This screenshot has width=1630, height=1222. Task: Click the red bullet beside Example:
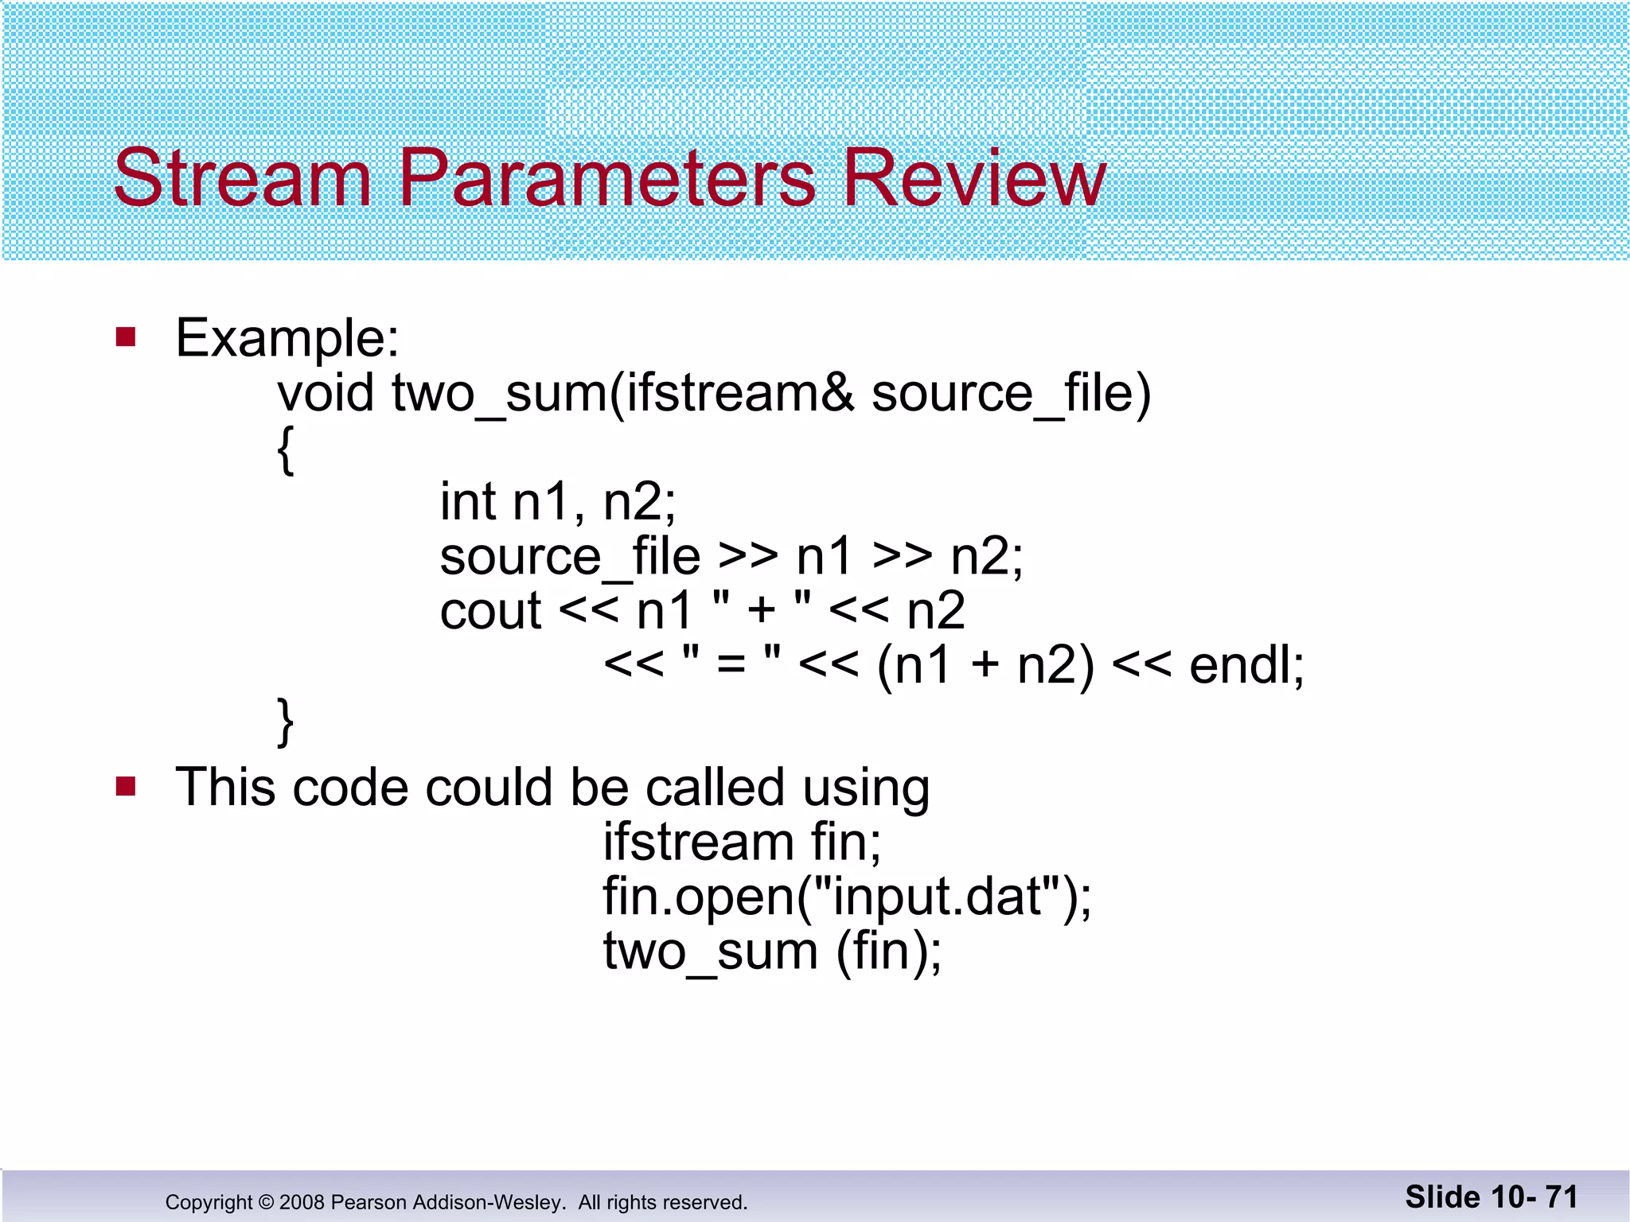[126, 337]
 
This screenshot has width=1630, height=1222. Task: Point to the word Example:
[287, 339]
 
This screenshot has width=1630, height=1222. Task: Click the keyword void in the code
[326, 393]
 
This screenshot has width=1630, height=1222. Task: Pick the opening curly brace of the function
[286, 449]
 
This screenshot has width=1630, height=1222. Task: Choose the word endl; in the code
[1246, 665]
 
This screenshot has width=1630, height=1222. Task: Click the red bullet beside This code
[126, 787]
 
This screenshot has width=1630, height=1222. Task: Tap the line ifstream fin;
[742, 842]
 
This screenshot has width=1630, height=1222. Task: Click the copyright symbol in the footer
[266, 1202]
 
